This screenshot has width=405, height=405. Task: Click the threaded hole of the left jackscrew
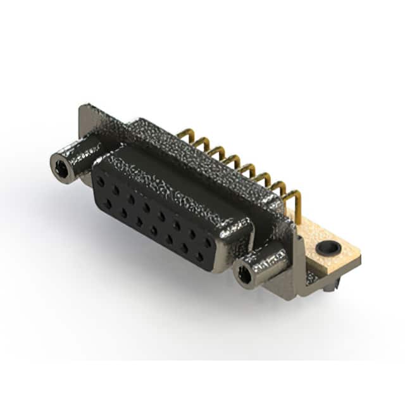pos(61,168)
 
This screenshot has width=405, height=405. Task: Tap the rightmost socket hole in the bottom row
pos(199,256)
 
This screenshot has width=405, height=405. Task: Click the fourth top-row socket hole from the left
pos(146,207)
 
